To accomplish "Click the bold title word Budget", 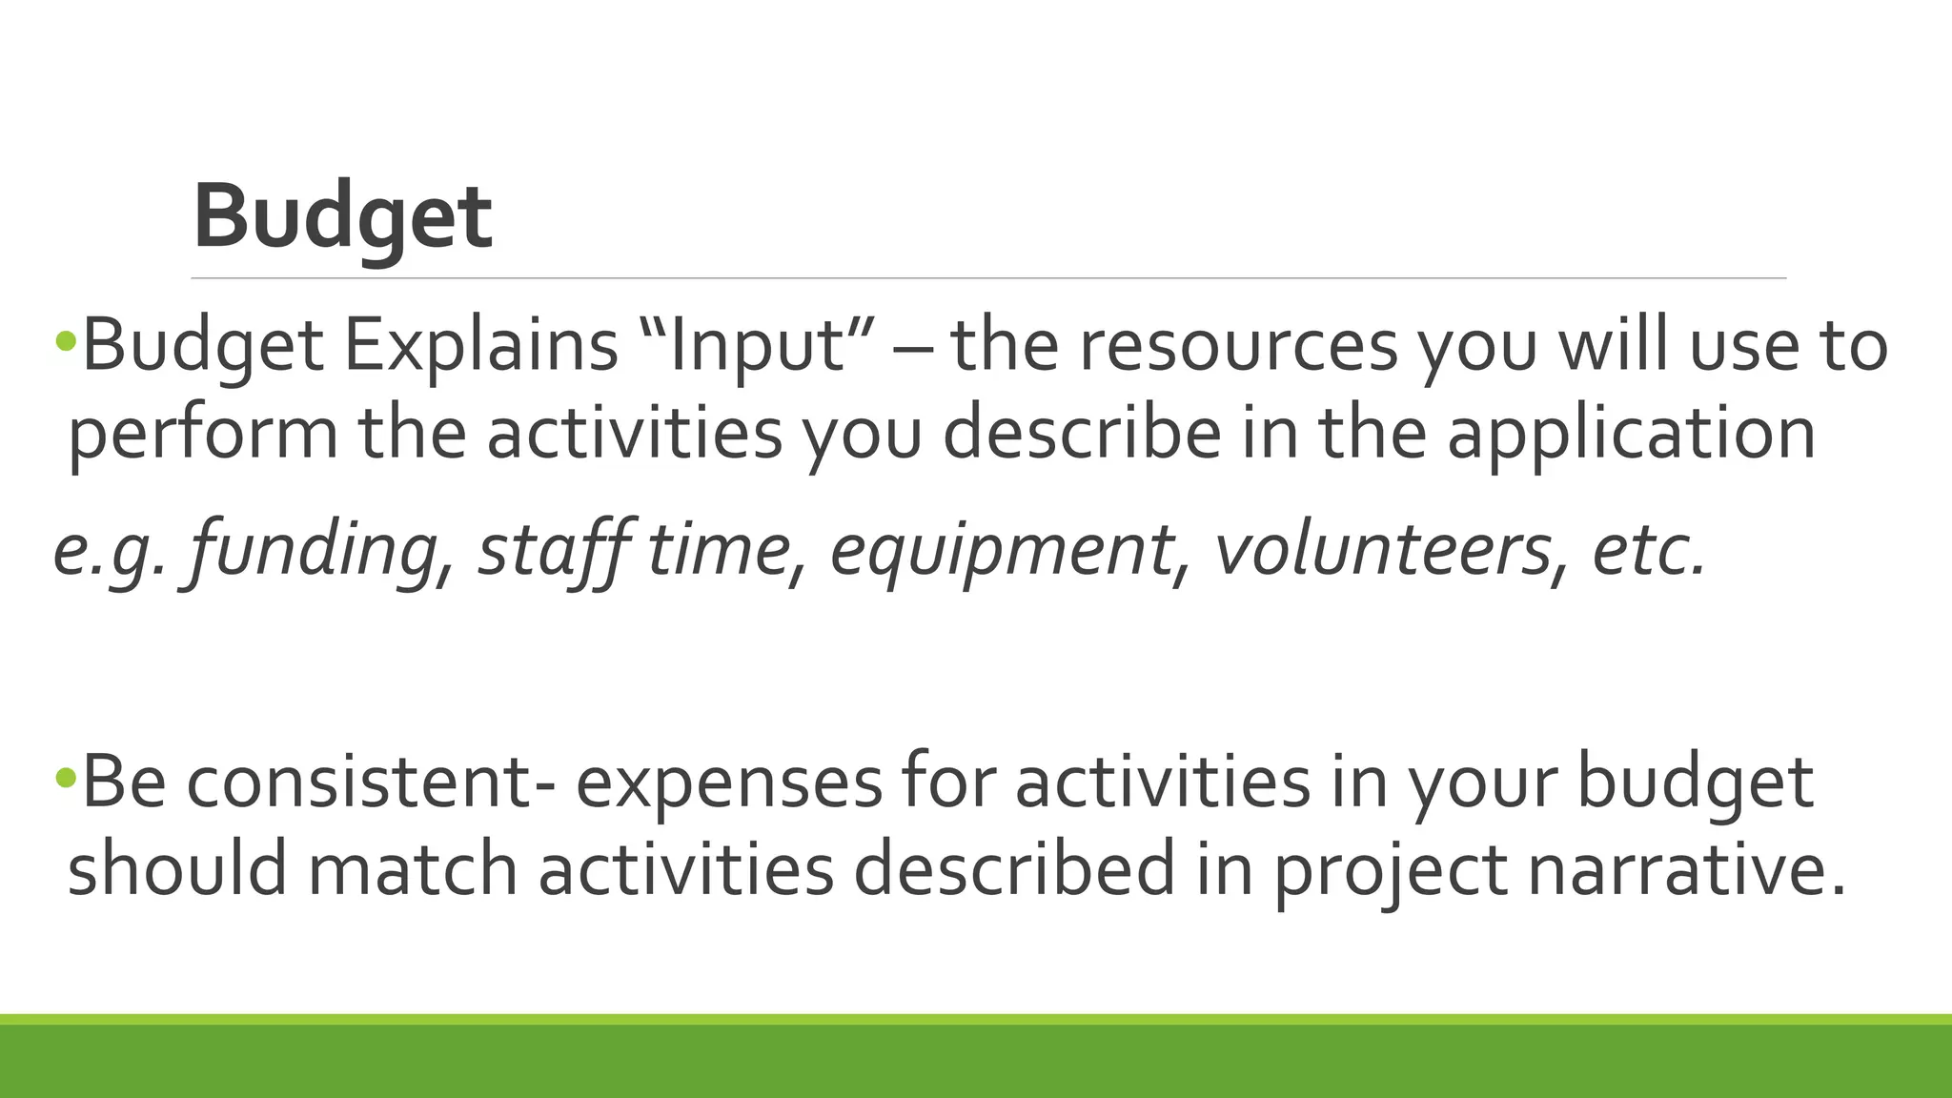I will click(x=342, y=217).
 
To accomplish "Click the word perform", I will click(x=203, y=434).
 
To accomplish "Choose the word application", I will click(x=1631, y=434).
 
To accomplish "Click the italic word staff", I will click(x=553, y=550).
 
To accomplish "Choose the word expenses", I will click(x=729, y=783).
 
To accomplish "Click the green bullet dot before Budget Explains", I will click(x=65, y=339).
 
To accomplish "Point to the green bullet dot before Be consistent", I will click(x=65, y=778).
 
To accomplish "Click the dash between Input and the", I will click(x=909, y=349).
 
